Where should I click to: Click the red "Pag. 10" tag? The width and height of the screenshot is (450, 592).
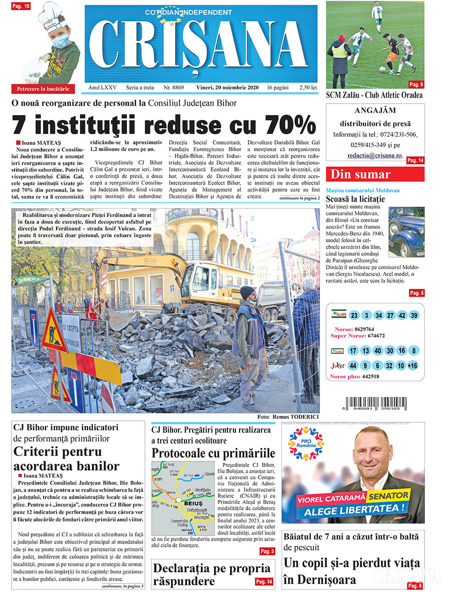coord(20,6)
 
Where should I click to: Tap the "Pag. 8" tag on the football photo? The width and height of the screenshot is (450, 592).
coord(416,84)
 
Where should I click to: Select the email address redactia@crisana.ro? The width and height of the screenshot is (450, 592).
coord(375,156)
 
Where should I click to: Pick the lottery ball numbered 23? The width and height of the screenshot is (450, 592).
coord(354,315)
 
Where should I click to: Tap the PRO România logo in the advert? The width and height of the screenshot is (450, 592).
coord(306,443)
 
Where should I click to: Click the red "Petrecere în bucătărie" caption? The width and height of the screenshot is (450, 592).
coord(43,89)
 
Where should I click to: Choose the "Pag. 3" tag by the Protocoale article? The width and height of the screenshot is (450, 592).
coord(266,551)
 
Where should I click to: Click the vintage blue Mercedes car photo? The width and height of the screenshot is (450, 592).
coord(405,231)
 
